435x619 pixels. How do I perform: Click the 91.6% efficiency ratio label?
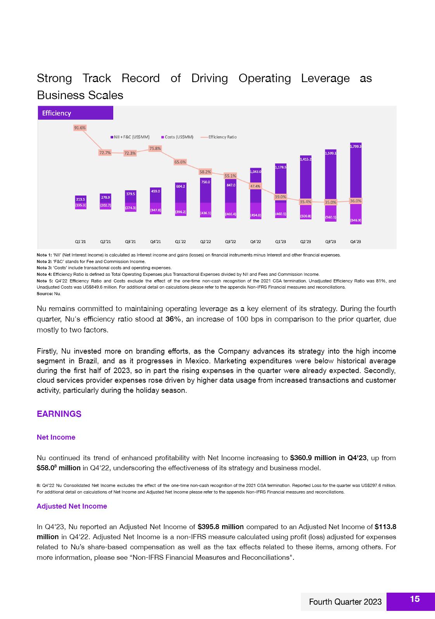80,128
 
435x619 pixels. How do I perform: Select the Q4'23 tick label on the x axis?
356,242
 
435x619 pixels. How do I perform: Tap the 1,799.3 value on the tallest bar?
356,146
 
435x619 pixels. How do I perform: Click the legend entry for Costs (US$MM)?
177,137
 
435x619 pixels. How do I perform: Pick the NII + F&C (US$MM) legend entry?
130,137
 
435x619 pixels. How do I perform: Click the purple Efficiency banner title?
57,113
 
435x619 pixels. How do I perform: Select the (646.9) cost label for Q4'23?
356,220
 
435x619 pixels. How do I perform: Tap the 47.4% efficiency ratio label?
255,186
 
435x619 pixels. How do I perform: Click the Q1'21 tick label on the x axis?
80,242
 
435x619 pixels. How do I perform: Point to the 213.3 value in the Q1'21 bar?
80,199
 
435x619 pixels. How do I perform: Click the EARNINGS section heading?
59,414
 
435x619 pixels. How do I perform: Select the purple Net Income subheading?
56,437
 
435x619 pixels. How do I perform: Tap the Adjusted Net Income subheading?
72,506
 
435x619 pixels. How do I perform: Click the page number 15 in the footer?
414,599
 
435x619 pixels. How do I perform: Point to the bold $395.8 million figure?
221,527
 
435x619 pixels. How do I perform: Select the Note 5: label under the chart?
44,281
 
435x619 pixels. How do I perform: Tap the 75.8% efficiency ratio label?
155,148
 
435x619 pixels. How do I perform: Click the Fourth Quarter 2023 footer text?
345,602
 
